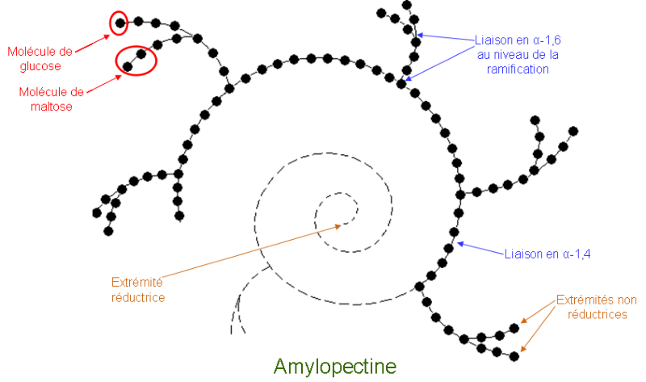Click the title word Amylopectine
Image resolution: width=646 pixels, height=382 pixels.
click(x=335, y=366)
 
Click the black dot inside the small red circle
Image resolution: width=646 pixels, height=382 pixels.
click(x=120, y=23)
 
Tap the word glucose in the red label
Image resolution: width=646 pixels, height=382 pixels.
click(x=40, y=66)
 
